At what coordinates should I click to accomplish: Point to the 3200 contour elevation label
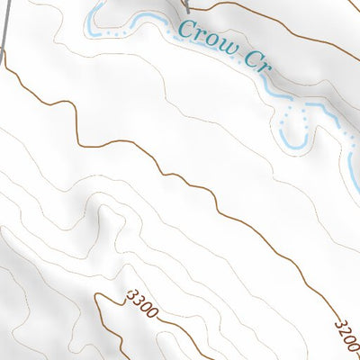(x=346, y=334)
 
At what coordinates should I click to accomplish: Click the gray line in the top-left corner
(x=5, y=22)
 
